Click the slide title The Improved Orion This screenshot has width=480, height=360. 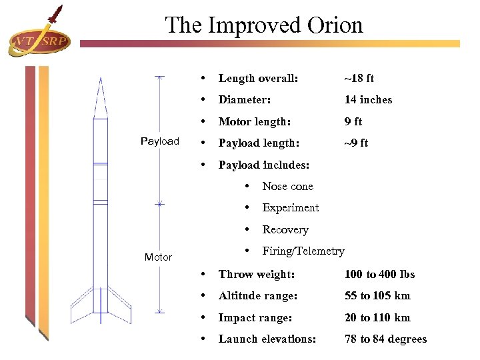pyautogui.click(x=264, y=25)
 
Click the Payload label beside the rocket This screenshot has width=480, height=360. pyautogui.click(x=160, y=141)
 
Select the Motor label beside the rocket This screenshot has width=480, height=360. pyautogui.click(x=159, y=257)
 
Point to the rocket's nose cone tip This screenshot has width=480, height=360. pyautogui.click(x=101, y=79)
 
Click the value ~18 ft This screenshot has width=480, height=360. pyautogui.click(x=359, y=78)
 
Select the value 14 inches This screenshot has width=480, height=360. pyautogui.click(x=368, y=99)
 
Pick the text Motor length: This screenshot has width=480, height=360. pyautogui.click(x=255, y=121)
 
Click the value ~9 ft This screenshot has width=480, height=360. pyautogui.click(x=356, y=143)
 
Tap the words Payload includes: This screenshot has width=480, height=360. pyautogui.click(x=264, y=165)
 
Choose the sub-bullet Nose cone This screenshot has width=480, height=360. pyautogui.click(x=287, y=186)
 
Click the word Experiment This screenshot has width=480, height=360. pyautogui.click(x=291, y=207)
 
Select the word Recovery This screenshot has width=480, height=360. pyautogui.click(x=285, y=229)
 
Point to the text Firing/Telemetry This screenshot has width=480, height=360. pyautogui.click(x=303, y=251)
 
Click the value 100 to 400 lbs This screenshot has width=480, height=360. pyautogui.click(x=379, y=274)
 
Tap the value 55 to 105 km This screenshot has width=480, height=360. pyautogui.click(x=377, y=295)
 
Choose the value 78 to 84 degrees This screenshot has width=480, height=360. pyautogui.click(x=385, y=339)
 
